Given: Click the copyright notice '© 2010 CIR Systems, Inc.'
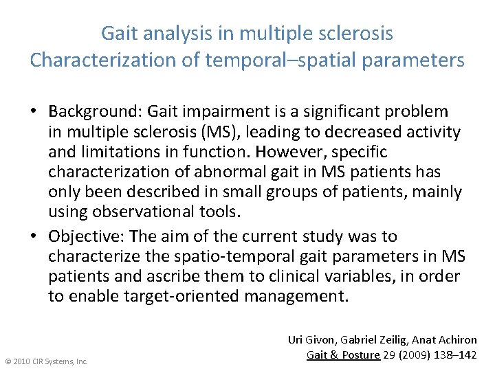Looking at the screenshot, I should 46,361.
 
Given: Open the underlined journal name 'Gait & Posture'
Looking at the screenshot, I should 342,355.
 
